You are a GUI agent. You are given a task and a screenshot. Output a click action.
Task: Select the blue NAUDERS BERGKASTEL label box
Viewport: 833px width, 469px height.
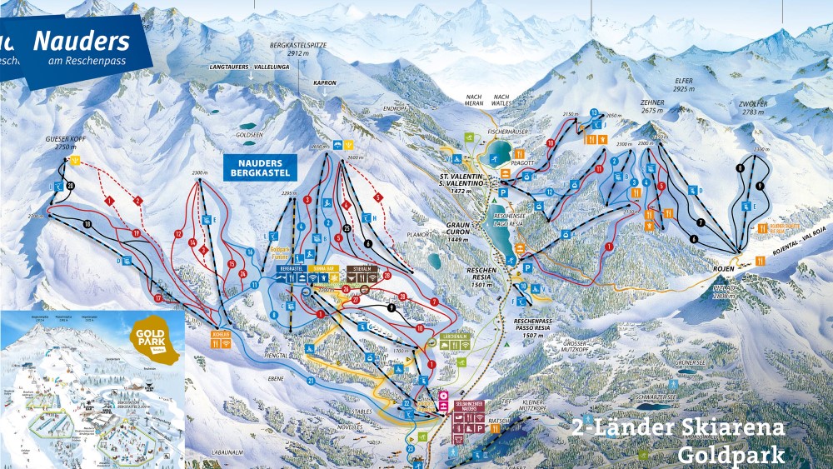click(260, 167)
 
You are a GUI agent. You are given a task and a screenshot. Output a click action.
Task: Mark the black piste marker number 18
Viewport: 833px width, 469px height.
click(87, 224)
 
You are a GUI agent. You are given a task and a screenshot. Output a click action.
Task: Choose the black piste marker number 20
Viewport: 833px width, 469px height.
click(70, 185)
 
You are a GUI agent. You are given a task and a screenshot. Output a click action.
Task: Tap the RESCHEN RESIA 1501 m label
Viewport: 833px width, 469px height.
click(481, 274)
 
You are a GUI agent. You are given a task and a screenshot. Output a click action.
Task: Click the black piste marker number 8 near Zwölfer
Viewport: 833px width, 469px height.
click(739, 168)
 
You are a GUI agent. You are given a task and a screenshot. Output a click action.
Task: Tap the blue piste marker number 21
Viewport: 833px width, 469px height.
click(310, 380)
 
